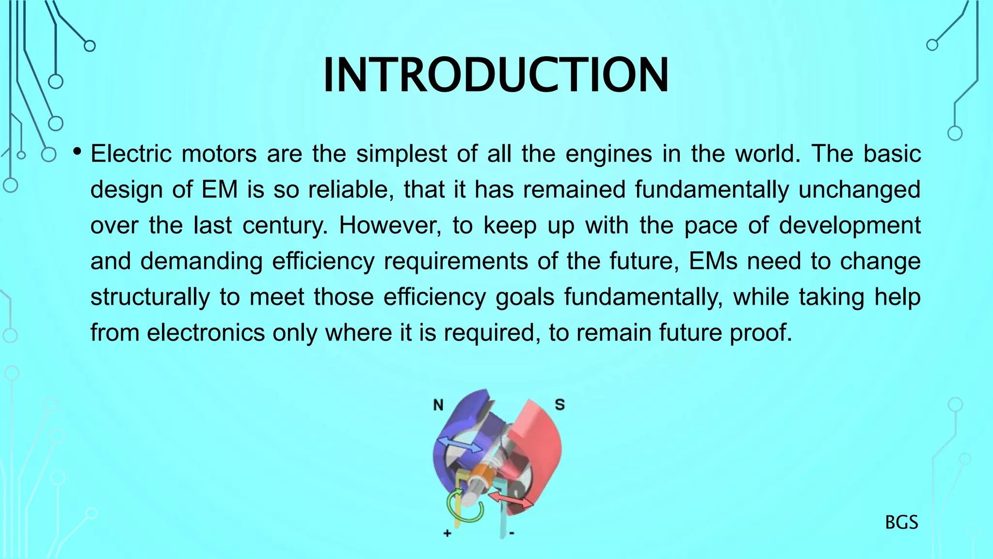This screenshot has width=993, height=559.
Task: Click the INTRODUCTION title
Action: pos(496,75)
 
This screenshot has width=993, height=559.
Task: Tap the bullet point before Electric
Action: pos(77,152)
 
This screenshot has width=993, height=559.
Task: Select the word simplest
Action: pos(401,154)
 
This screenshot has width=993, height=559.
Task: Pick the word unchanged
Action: pos(859,190)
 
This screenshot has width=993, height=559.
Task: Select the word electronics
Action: pos(206,333)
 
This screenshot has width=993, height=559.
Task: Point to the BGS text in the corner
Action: pos(901,523)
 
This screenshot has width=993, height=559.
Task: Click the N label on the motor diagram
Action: pos(438,405)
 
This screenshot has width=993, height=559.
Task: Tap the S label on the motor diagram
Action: pos(560,404)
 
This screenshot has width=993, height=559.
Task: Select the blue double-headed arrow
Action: pos(460,444)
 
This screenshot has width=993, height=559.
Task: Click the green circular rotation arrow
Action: pos(465,507)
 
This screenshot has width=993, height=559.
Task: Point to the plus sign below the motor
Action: pos(447,533)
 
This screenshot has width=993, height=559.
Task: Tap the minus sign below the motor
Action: pos(512,534)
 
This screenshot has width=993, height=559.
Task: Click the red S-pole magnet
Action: pos(538,437)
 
